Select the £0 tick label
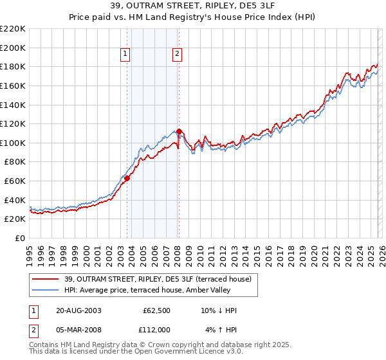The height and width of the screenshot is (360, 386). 19,239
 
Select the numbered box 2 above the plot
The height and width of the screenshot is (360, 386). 176,55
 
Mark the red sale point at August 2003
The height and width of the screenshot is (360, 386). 127,179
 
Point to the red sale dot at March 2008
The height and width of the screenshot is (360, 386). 179,131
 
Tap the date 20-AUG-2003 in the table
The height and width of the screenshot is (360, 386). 78,310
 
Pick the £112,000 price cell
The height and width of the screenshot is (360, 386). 155,330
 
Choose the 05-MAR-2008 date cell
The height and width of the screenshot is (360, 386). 78,330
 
